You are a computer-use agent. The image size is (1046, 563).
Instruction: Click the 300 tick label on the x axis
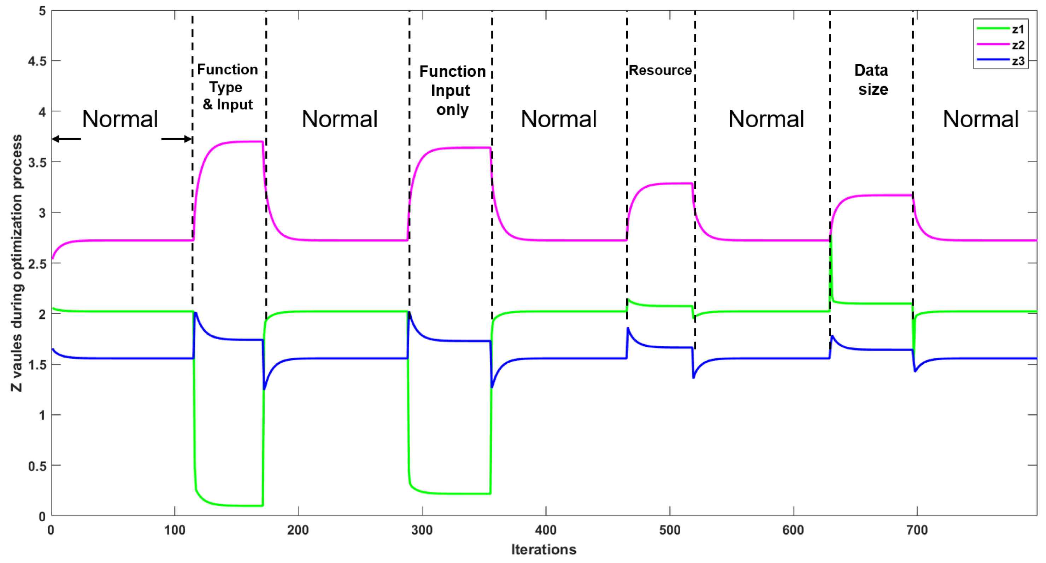[x=422, y=530]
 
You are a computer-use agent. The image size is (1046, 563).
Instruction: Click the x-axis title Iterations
[x=543, y=550]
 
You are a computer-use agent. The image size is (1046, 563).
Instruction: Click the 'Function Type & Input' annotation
[x=227, y=87]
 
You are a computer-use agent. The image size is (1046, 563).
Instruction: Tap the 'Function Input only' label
[x=452, y=90]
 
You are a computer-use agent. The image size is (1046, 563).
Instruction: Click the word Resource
[x=660, y=70]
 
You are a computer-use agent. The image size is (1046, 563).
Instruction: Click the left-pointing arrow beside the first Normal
[x=66, y=139]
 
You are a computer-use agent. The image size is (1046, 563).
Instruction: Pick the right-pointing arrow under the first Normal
[x=177, y=139]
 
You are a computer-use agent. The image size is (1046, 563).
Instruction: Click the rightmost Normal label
[x=980, y=119]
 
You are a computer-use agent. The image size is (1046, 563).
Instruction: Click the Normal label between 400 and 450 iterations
[x=558, y=119]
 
